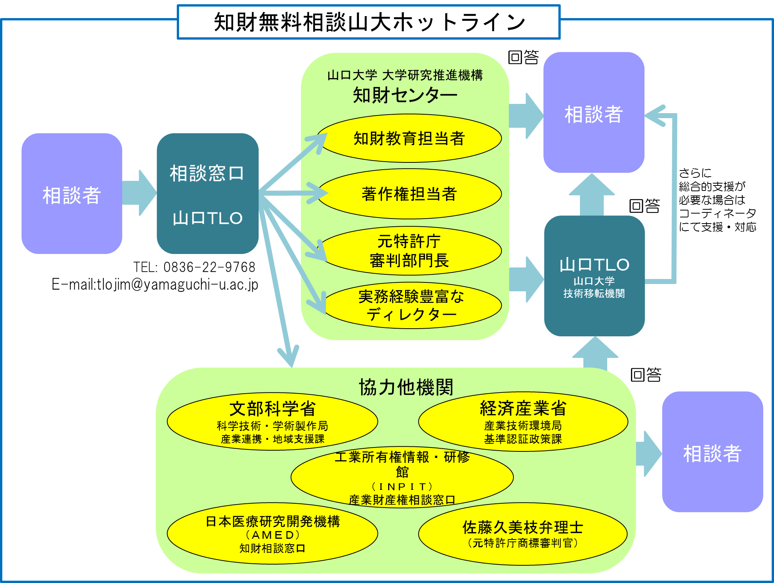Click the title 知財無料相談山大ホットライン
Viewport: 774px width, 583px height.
click(369, 22)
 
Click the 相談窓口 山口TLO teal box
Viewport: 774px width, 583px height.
click(208, 194)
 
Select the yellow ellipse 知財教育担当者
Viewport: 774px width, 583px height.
click(409, 139)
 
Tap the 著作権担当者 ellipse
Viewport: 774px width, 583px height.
click(409, 194)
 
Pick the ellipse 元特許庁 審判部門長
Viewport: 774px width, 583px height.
click(409, 251)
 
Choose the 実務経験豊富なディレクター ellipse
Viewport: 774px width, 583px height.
click(411, 306)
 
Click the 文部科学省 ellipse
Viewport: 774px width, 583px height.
click(272, 421)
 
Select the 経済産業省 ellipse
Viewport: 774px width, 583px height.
click(523, 421)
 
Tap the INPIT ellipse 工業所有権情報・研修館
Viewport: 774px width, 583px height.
click(402, 477)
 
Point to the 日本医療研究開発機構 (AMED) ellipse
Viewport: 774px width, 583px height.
click(272, 534)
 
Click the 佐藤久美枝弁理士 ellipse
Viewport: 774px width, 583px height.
click(523, 534)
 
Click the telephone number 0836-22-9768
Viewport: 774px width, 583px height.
click(209, 267)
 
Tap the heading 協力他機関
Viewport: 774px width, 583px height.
click(406, 387)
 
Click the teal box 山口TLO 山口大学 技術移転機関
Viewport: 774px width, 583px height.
click(594, 276)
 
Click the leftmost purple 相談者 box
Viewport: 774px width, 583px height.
click(72, 194)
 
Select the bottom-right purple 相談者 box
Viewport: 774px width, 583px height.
click(713, 452)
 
